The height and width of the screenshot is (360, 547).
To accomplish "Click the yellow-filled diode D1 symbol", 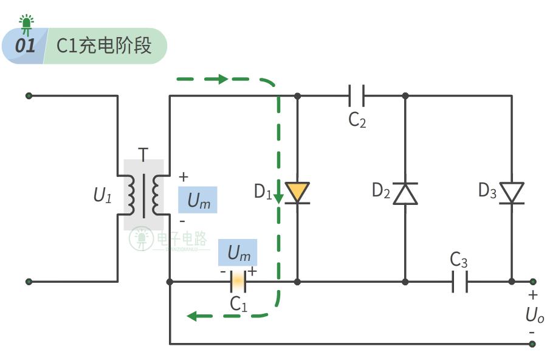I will [x=297, y=193].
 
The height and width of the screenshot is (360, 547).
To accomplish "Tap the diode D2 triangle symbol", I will [x=405, y=193].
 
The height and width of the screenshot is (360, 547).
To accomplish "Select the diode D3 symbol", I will [x=512, y=193].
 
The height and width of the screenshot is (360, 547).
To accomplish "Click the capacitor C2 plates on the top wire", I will [x=356, y=95].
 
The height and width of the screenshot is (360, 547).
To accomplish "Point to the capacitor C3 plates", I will [x=460, y=282].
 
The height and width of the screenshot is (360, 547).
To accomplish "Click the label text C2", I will [x=357, y=120].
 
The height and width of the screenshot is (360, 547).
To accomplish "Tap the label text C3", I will [x=459, y=260].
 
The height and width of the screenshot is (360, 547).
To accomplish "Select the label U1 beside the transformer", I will [x=103, y=195].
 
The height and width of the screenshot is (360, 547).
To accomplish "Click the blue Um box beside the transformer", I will [x=198, y=201].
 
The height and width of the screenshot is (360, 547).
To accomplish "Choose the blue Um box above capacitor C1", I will [x=238, y=251].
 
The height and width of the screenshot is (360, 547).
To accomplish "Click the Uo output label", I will [x=534, y=316].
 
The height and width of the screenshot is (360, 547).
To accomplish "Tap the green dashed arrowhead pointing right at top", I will [x=221, y=79].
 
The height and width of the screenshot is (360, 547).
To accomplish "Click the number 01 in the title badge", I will [x=26, y=46].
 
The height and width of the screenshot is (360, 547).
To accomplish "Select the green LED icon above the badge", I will [x=27, y=23].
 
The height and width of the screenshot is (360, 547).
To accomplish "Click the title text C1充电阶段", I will [x=104, y=46].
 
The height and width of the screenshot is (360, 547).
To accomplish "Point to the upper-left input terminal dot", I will [x=29, y=95].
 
